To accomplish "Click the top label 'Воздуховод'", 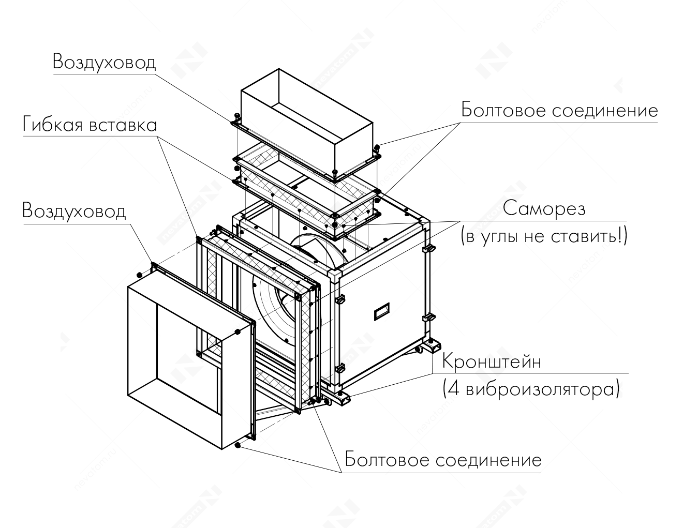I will pyautogui.click(x=104, y=62).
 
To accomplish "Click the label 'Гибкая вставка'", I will pyautogui.click(x=90, y=125).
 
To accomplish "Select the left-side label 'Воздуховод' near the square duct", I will pyautogui.click(x=74, y=211).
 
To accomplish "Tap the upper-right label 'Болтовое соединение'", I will pyautogui.click(x=559, y=111).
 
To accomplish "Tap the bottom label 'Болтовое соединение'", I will pyautogui.click(x=443, y=460).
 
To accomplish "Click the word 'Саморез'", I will pyautogui.click(x=544, y=209).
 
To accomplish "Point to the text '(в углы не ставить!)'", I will pyautogui.click(x=544, y=236).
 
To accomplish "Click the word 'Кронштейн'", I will pyautogui.click(x=491, y=361).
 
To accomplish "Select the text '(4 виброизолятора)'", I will pyautogui.click(x=530, y=388).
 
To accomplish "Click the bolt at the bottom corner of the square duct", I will pyautogui.click(x=238, y=445).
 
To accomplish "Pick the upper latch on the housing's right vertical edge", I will pyautogui.click(x=428, y=249).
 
